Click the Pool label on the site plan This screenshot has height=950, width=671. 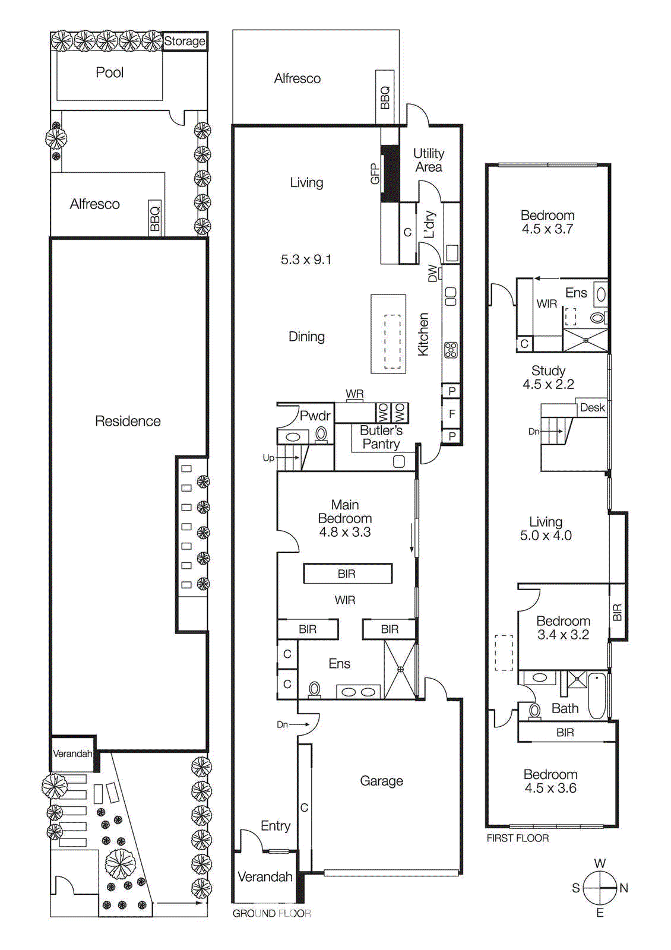click(109, 72)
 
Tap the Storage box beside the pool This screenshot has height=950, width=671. click(185, 42)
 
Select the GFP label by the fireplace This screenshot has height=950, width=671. click(375, 174)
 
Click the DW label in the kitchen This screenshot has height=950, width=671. click(433, 273)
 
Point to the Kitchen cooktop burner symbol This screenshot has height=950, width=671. click(451, 350)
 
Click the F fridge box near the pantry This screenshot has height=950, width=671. click(452, 414)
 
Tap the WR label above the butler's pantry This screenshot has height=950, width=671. click(355, 394)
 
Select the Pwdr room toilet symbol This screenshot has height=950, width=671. click(321, 434)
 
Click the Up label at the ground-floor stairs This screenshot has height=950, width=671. click(268, 458)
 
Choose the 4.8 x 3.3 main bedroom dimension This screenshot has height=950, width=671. click(345, 532)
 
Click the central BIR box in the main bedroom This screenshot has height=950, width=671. click(347, 574)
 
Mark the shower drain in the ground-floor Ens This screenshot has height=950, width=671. click(400, 669)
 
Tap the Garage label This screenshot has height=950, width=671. click(381, 781)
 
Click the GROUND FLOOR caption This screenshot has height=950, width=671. click(271, 913)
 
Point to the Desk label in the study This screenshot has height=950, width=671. click(592, 407)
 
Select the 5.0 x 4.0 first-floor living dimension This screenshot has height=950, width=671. click(546, 536)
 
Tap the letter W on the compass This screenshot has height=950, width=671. click(600, 863)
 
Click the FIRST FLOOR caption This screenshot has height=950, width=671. click(517, 838)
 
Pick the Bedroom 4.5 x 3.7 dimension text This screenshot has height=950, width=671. click(547, 229)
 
